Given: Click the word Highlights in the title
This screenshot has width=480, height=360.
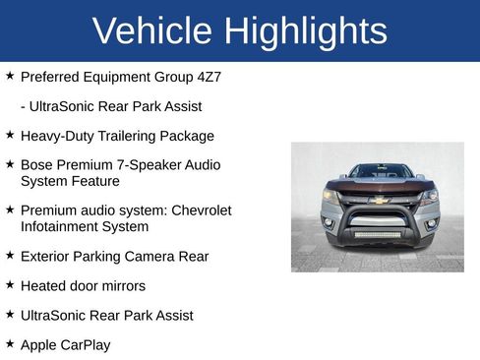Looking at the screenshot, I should point(305,31).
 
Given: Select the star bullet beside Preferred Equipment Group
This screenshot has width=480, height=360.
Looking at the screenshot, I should point(9,75).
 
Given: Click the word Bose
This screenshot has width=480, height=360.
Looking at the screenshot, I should point(37,165).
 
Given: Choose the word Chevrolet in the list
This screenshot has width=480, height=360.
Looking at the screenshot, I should point(201,210).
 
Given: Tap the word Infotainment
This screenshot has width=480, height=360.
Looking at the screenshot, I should point(65,226).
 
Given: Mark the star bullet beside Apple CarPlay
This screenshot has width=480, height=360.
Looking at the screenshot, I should point(9,344).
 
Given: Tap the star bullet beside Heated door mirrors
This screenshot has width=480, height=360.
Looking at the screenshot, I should point(9,285).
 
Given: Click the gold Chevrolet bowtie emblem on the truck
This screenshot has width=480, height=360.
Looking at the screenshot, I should point(378,200).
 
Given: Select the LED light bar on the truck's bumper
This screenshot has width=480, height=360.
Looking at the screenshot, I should point(378,235).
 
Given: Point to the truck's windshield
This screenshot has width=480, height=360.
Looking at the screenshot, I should point(379,171).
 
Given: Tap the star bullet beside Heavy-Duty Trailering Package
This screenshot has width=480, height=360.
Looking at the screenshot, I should point(9,135).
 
